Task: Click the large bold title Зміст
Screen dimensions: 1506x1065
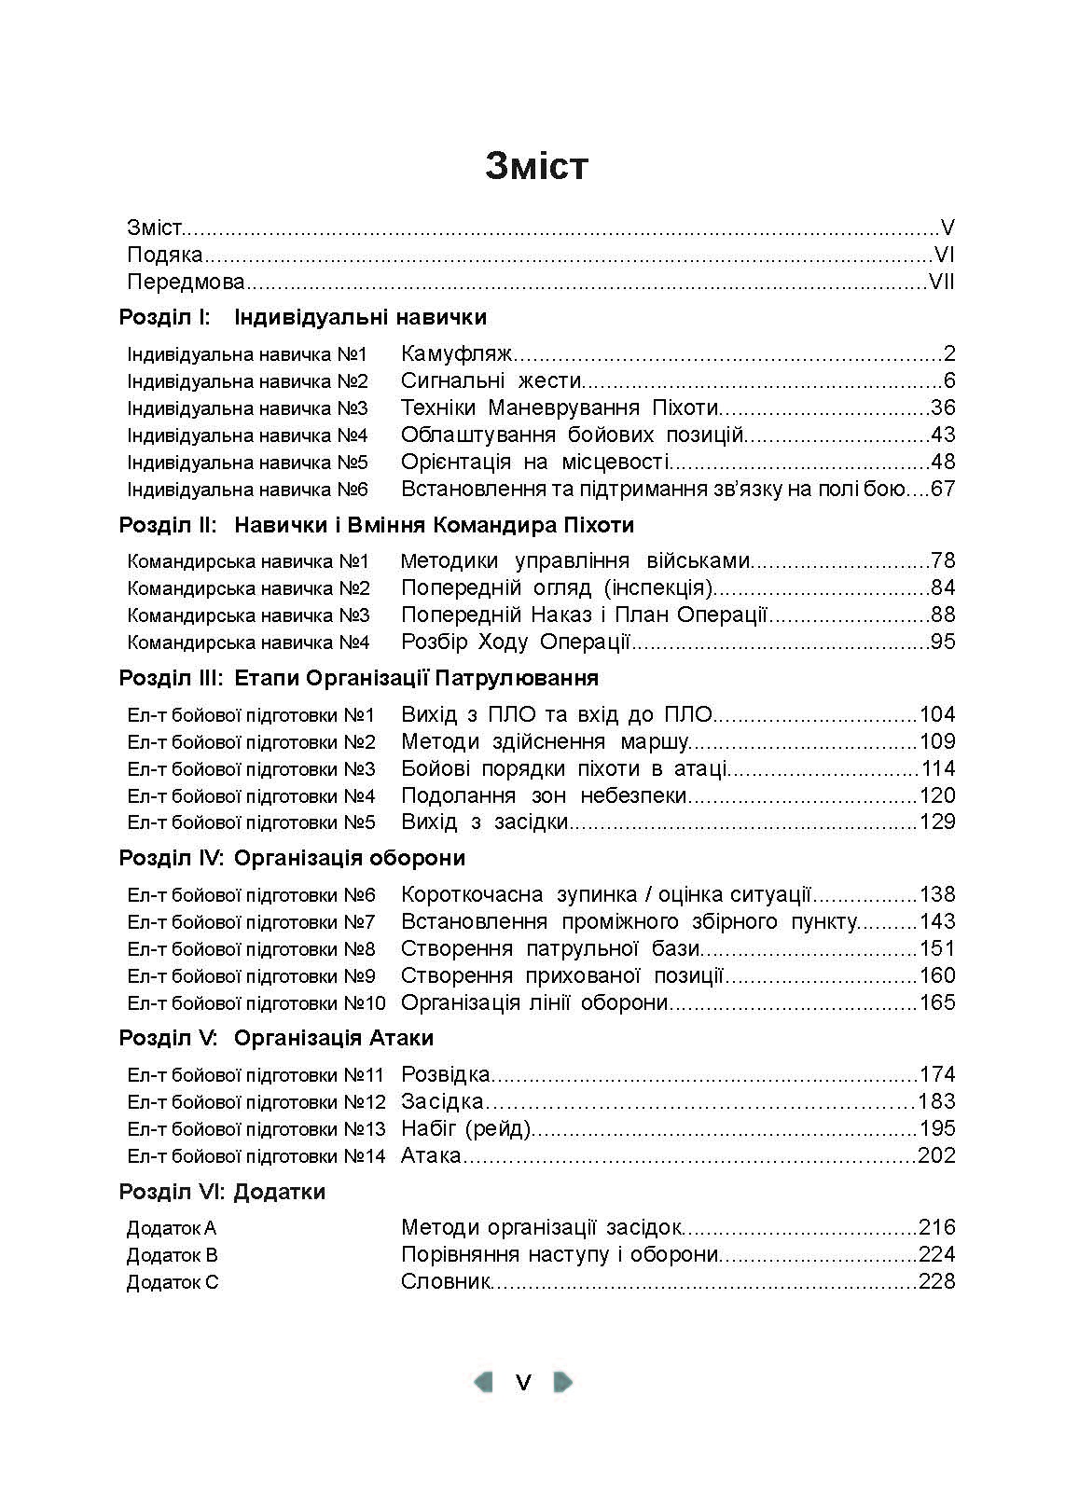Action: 536,165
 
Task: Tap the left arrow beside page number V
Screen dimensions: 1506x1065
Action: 483,1381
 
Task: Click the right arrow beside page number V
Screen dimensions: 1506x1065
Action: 562,1381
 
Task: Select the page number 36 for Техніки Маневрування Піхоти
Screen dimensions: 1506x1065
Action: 943,408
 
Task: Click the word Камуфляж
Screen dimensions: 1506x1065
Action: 457,354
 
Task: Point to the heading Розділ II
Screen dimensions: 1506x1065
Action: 168,525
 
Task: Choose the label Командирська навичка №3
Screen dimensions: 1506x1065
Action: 248,615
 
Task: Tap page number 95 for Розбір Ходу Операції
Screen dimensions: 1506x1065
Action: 943,642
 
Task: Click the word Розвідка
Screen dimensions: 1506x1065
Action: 445,1075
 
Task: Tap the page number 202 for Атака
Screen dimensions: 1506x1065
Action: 937,1156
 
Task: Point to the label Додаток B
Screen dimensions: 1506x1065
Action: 173,1255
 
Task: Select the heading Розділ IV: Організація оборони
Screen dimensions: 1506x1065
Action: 292,858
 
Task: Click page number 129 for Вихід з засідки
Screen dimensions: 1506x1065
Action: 937,822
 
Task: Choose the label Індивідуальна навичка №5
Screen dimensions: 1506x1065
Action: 247,463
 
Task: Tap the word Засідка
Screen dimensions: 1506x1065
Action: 442,1102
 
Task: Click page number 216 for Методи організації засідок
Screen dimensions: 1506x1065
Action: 937,1228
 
